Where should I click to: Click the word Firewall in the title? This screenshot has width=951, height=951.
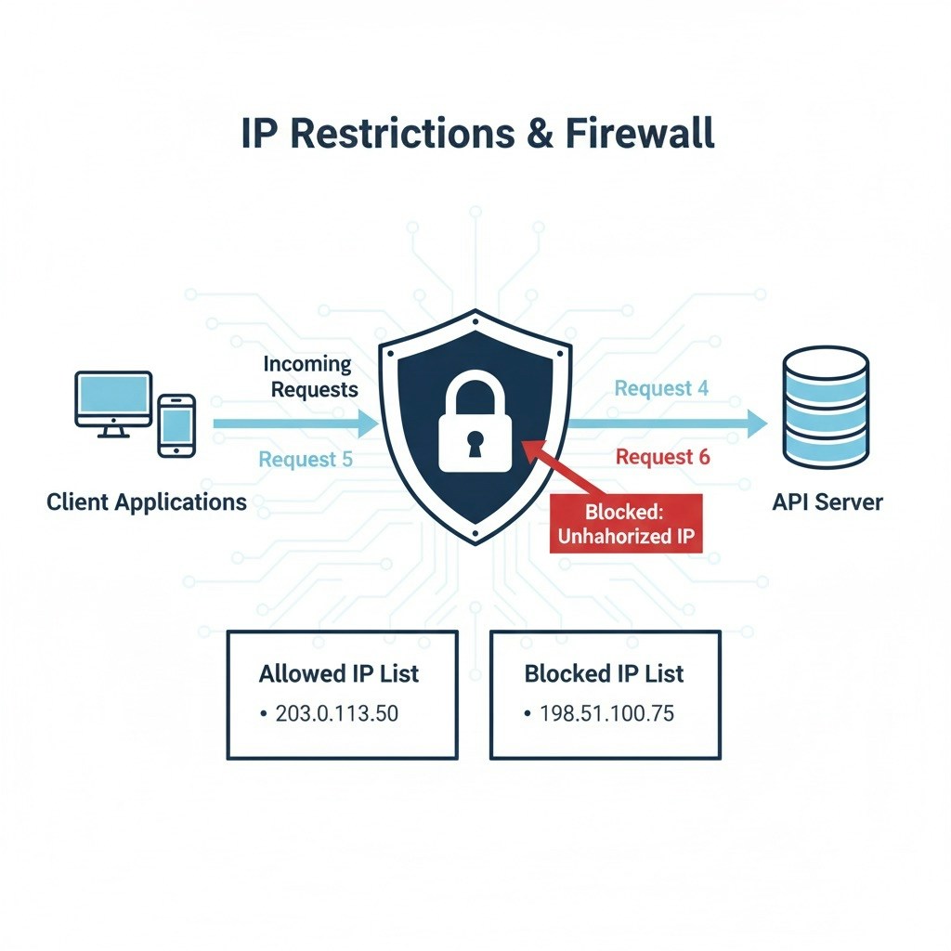pyautogui.click(x=640, y=132)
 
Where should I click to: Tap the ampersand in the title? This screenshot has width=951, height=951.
pyautogui.click(x=540, y=132)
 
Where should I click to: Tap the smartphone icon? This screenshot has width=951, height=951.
pyautogui.click(x=176, y=425)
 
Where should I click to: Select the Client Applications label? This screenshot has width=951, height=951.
pyautogui.click(x=147, y=502)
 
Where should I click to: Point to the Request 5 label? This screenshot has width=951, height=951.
pyautogui.click(x=305, y=460)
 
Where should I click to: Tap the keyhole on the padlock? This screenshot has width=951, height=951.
pyautogui.click(x=475, y=443)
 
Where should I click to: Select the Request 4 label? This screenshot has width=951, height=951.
pyautogui.click(x=661, y=388)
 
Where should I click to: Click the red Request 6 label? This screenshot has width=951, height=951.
pyautogui.click(x=662, y=457)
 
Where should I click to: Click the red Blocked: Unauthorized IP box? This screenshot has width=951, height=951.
pyautogui.click(x=627, y=524)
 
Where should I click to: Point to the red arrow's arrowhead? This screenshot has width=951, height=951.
pyautogui.click(x=532, y=449)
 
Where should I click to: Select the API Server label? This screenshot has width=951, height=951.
pyautogui.click(x=827, y=502)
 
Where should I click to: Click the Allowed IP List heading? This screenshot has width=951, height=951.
pyautogui.click(x=339, y=673)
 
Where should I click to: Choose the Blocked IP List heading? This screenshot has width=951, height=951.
pyautogui.click(x=604, y=673)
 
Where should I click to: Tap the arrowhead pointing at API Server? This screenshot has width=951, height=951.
pyautogui.click(x=758, y=423)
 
